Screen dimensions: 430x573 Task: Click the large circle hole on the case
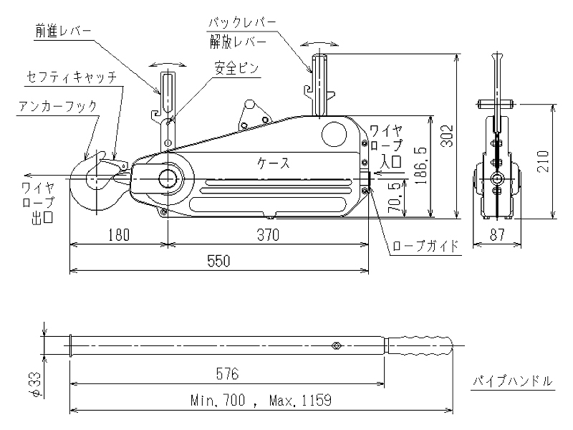[334, 133]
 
